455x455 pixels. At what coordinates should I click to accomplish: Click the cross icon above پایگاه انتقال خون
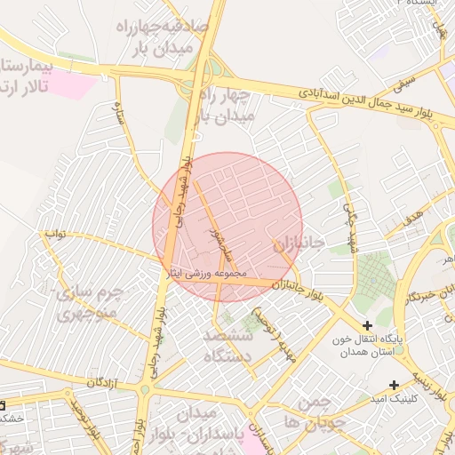(367, 326)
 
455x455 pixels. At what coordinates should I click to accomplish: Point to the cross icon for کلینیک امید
(394, 385)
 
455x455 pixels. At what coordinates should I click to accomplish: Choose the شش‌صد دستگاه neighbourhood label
(230, 347)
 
